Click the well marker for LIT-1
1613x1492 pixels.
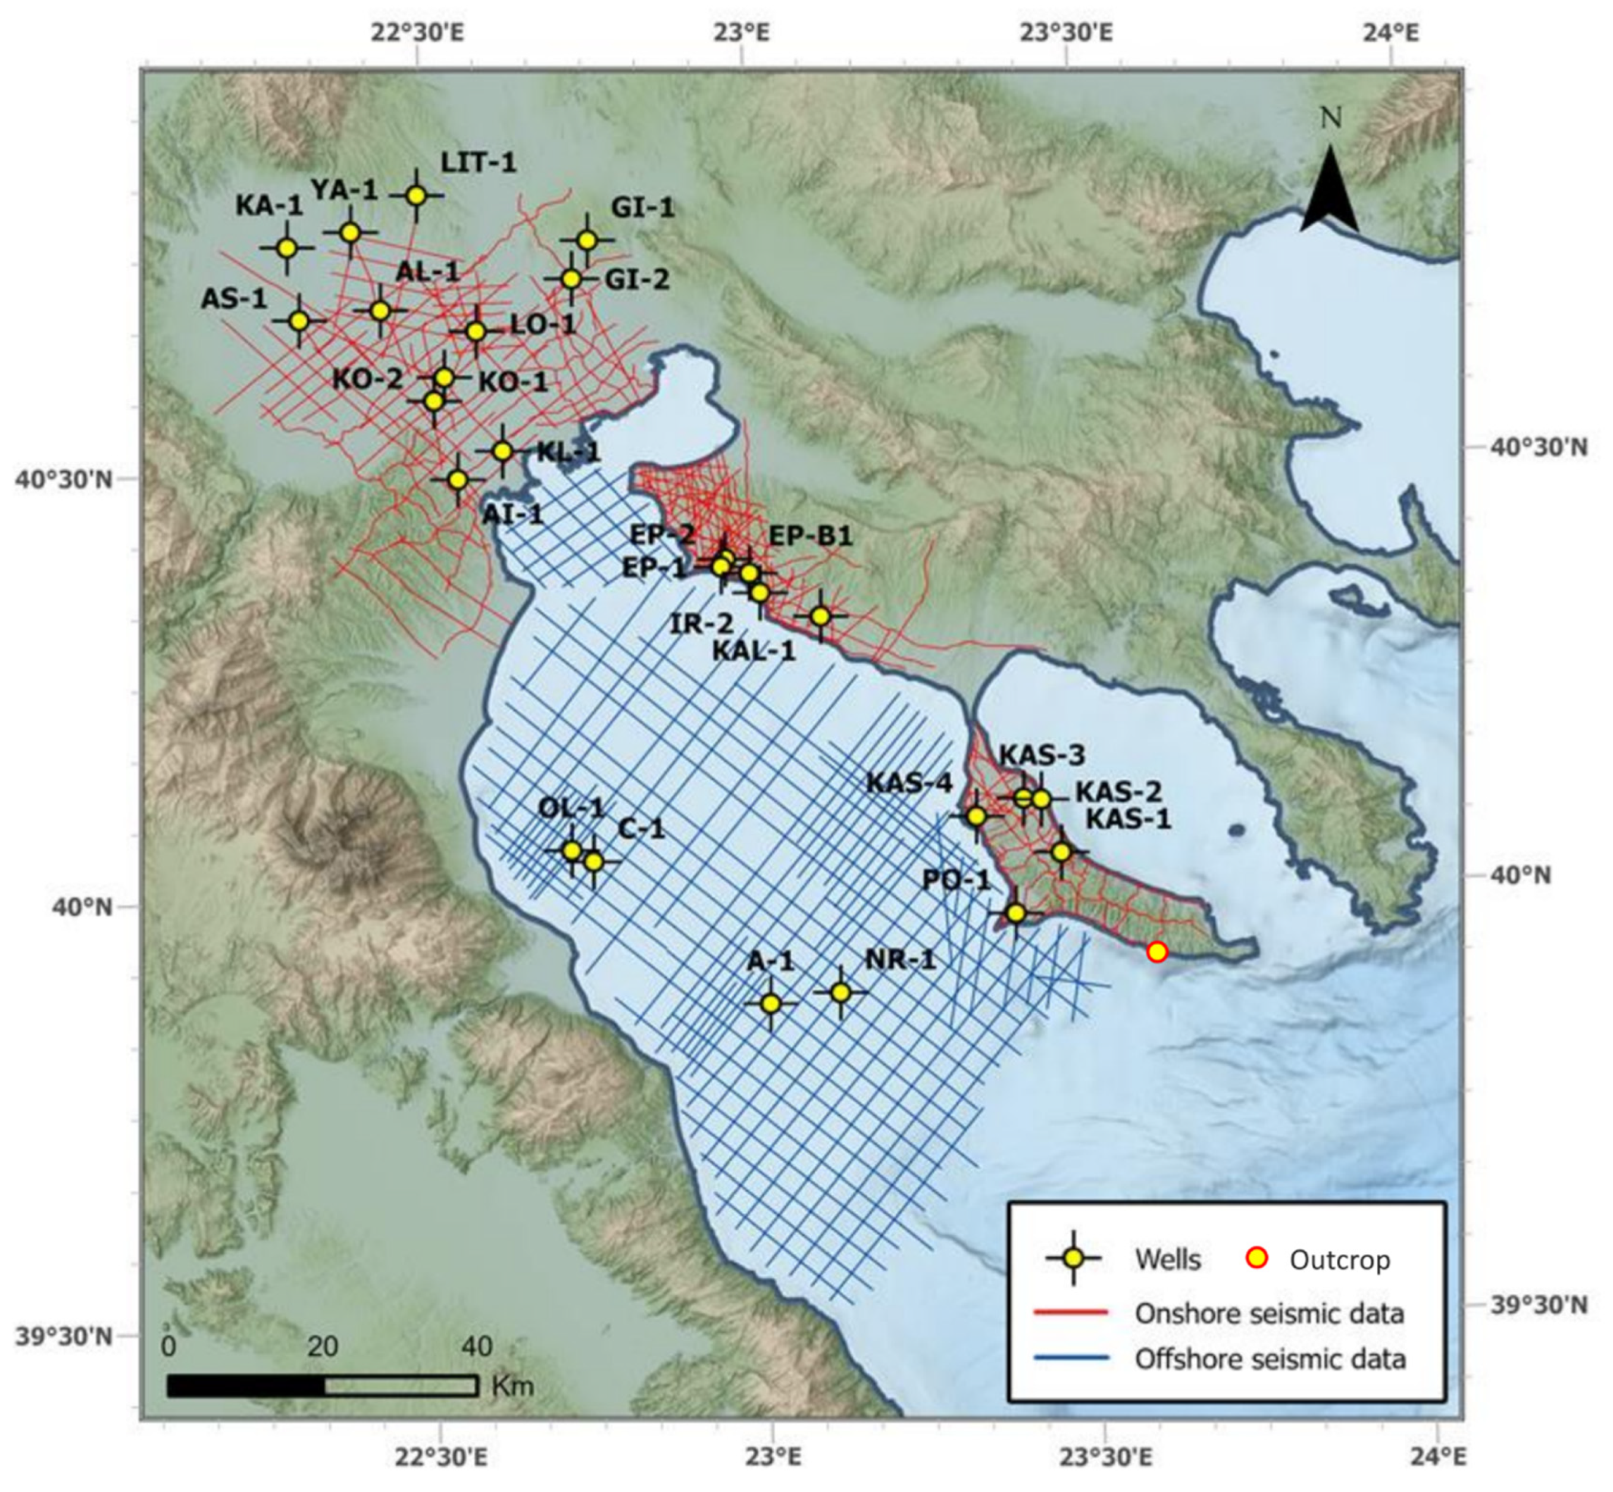pyautogui.click(x=416, y=195)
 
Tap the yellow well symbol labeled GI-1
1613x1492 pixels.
pyautogui.click(x=587, y=240)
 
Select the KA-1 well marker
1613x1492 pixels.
pyautogui.click(x=287, y=248)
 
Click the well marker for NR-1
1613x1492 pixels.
pyautogui.click(x=840, y=991)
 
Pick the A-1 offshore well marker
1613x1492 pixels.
pyautogui.click(x=770, y=1003)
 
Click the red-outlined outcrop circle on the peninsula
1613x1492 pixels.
pyautogui.click(x=1157, y=951)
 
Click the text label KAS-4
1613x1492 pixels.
pyautogui.click(x=909, y=783)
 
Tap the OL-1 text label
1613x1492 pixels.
pyautogui.click(x=571, y=808)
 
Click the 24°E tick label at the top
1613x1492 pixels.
pyautogui.click(x=1393, y=34)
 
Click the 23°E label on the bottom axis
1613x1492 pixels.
pyautogui.click(x=773, y=1457)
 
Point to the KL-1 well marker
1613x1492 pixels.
pyautogui.click(x=502, y=451)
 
